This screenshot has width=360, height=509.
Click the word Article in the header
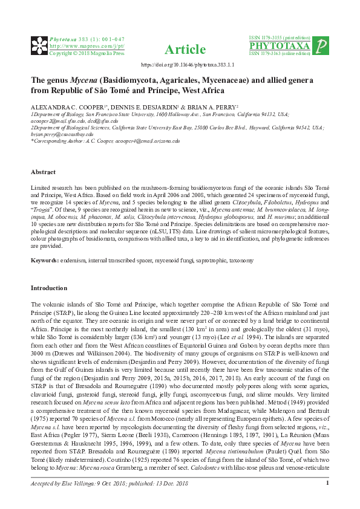[185, 50]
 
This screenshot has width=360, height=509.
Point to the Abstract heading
[44, 171]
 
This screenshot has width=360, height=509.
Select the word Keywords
[45, 261]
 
